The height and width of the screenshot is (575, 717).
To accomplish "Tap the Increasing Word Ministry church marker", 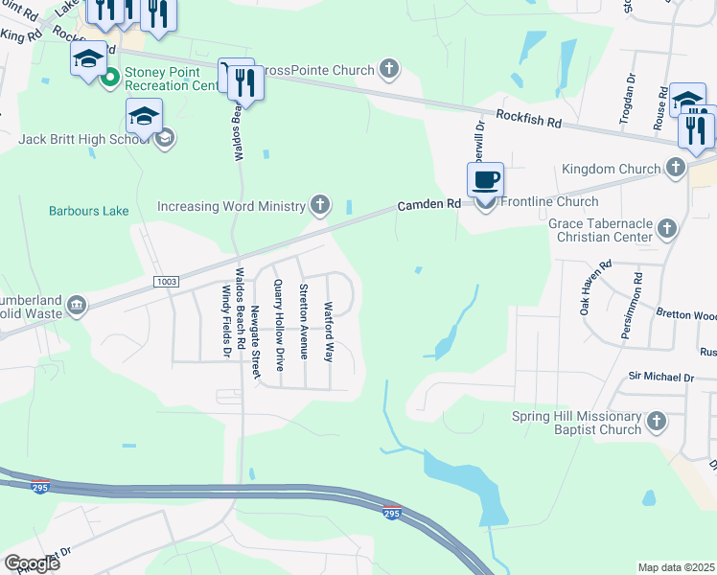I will (320, 205).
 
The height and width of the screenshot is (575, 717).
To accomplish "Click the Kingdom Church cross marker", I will (675, 169).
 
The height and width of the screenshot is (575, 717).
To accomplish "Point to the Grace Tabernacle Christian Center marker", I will (667, 229).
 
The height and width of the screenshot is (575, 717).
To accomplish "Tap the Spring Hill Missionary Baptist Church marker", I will (656, 422).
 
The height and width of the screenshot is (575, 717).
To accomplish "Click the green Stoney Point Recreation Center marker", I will (110, 77).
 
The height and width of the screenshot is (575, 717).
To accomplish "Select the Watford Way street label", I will (328, 332).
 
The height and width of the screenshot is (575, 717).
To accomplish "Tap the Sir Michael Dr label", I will (660, 379).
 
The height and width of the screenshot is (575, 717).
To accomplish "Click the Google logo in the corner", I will (31, 563).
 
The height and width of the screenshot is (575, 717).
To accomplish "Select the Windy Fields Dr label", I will (227, 322).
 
